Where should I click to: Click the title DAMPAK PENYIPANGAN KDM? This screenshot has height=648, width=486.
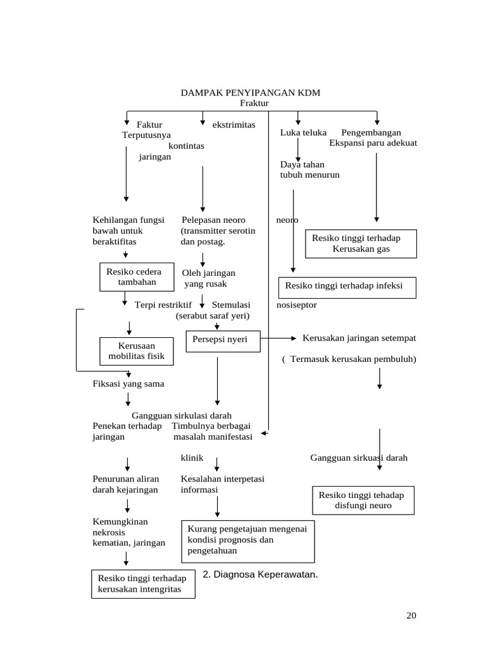(x=251, y=93)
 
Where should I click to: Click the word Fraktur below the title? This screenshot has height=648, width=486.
(x=254, y=103)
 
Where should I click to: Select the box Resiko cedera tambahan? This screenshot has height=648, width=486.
(x=135, y=277)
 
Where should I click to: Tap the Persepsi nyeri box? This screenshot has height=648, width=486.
(x=223, y=340)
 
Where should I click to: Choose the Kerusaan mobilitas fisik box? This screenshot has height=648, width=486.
(x=136, y=351)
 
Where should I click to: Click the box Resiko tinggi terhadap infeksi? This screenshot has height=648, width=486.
(x=348, y=287)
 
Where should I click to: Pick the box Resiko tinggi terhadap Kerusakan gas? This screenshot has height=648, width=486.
(x=361, y=244)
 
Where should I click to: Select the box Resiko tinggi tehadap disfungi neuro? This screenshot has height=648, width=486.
(x=363, y=500)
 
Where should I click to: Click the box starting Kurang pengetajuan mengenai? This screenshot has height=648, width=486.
(x=247, y=541)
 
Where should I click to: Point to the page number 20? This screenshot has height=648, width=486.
(x=411, y=616)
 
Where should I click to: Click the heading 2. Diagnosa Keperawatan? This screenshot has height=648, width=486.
(x=260, y=575)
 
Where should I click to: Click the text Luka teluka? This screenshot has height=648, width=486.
(x=303, y=133)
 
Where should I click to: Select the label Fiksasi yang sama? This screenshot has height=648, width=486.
(x=128, y=383)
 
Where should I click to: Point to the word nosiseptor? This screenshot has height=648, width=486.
(x=297, y=305)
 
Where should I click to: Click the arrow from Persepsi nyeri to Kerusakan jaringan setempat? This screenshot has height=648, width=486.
(x=278, y=339)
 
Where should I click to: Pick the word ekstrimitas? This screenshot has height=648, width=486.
(x=234, y=125)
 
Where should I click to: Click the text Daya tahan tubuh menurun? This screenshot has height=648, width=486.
(x=309, y=170)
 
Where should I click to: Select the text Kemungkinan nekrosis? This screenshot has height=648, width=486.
(x=120, y=526)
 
